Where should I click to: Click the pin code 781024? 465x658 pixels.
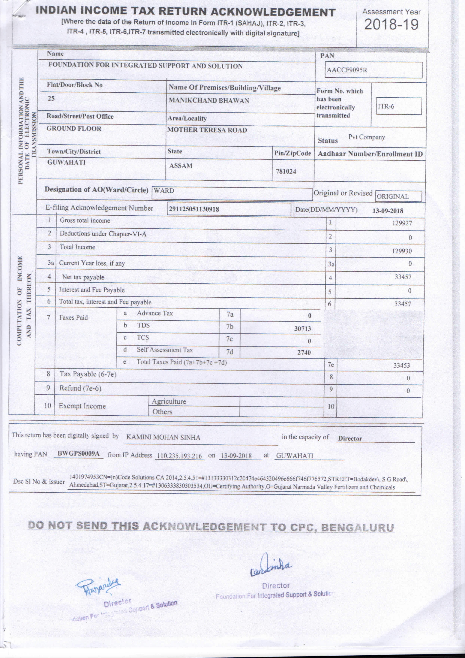point(286,171)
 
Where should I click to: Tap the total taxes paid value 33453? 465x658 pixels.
point(401,365)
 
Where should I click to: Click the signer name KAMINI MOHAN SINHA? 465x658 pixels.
point(163,437)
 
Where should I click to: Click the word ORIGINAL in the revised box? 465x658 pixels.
point(393,197)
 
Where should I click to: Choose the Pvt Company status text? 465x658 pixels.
point(367,137)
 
